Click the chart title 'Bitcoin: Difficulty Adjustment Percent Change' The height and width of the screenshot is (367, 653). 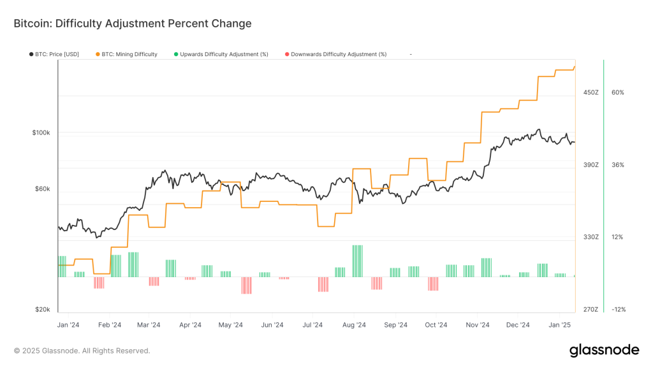coord(133,24)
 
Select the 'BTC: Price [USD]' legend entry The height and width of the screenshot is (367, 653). coord(57,54)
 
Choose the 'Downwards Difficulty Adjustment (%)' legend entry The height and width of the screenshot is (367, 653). coord(339,54)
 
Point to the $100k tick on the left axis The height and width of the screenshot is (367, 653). coord(41,133)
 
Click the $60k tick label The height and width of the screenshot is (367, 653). coord(42,189)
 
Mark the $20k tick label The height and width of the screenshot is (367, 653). coord(42,309)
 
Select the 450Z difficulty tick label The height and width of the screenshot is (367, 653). coord(591,92)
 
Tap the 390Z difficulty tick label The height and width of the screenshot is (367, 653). coord(591,164)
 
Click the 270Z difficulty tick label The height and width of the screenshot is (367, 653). coord(591,309)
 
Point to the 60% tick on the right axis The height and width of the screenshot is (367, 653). coord(617,92)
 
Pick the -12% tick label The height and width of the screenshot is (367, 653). coord(618,309)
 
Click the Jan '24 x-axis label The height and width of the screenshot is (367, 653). coord(68,324)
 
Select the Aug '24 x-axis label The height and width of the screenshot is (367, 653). coord(353,324)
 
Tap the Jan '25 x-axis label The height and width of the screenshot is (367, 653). coord(560,324)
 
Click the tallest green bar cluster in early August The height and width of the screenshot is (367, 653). coord(357,261)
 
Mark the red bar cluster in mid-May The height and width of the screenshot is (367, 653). coord(247,285)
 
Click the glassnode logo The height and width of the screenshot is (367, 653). coord(604,350)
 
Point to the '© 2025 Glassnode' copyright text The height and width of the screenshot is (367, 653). coord(82,350)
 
